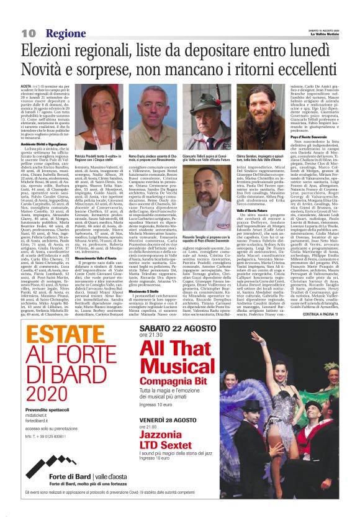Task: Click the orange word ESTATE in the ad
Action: pyautogui.click(x=68, y=338)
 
